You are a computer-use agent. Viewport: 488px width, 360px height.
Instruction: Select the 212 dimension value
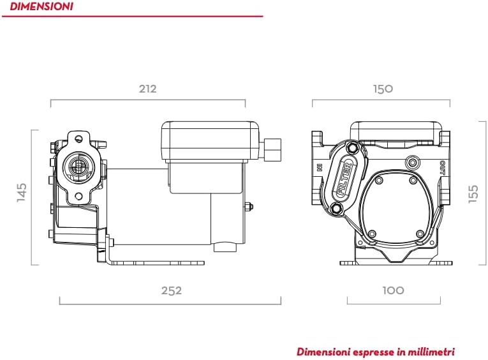147,89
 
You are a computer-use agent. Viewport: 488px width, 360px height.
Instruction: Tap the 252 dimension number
171,290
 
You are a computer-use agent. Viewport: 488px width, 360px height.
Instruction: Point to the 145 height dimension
22,193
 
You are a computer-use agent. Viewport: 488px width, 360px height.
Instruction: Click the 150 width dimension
383,89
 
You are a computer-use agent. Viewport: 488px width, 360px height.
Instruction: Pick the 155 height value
473,194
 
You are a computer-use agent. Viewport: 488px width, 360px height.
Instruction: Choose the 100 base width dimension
393,290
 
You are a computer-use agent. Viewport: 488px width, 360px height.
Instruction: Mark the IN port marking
317,169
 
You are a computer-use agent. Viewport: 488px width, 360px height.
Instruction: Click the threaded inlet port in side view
78,167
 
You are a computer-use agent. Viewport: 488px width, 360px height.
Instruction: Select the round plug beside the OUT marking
412,160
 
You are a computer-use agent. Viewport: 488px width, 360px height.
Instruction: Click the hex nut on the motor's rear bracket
249,206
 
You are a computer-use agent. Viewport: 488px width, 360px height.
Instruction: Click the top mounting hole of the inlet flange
78,138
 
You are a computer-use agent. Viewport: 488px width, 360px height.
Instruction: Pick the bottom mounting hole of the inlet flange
78,197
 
